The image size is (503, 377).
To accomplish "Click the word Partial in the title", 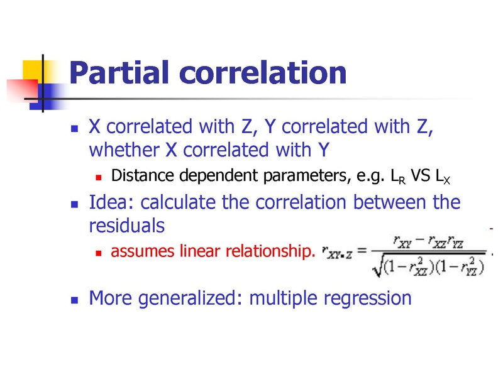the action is (119, 72).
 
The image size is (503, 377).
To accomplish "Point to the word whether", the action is (124, 150).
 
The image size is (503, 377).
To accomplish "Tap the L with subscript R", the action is (398, 177).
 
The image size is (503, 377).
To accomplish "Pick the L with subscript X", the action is (443, 177).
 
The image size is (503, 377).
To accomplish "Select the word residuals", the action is (127, 226).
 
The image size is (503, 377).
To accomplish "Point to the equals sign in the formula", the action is (362, 250).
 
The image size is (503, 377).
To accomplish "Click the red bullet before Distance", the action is (99, 177).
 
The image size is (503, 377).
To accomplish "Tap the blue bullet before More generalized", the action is (74, 300).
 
